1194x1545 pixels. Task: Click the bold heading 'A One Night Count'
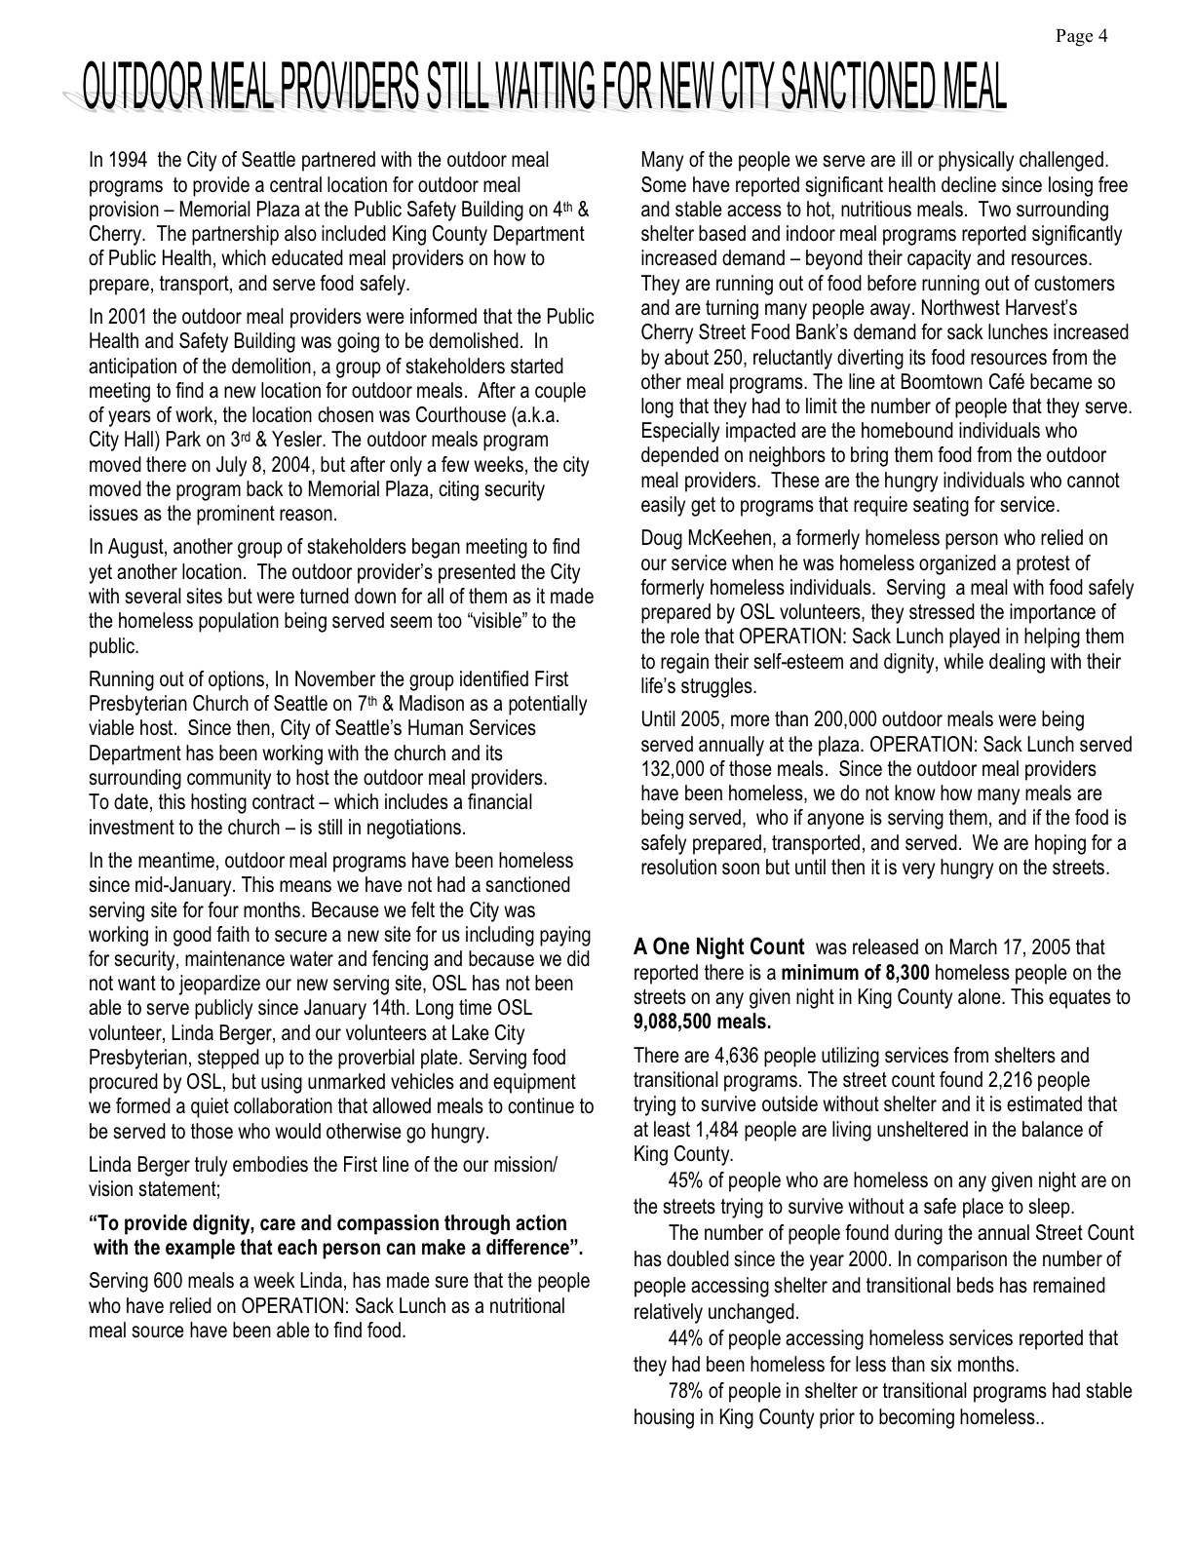point(719,947)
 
